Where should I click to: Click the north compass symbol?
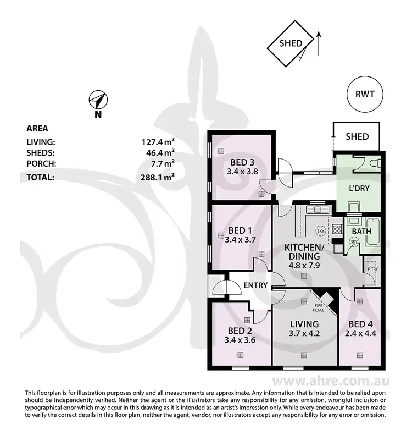98,101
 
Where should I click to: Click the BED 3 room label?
242,162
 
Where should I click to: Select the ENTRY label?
255,285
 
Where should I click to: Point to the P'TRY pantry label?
372,268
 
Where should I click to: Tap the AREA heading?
37,129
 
